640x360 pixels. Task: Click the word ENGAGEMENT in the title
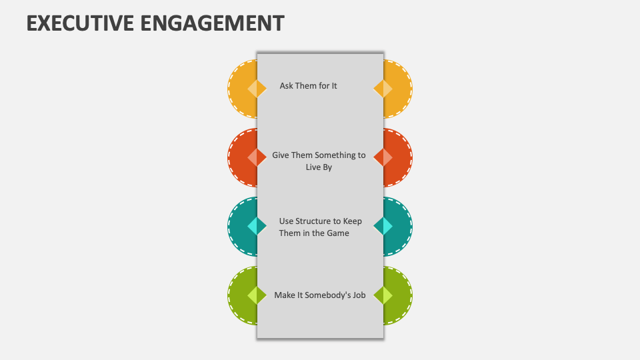pyautogui.click(x=213, y=23)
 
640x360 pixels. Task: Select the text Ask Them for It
pyautogui.click(x=308, y=86)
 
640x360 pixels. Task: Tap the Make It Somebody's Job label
pyautogui.click(x=320, y=295)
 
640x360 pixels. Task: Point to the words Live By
pyautogui.click(x=319, y=167)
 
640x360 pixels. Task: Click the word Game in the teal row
pyautogui.click(x=337, y=233)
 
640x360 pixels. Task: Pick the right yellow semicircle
pyautogui.click(x=400, y=89)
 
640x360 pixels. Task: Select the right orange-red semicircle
pyautogui.click(x=400, y=157)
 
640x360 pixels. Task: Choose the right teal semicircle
pyautogui.click(x=400, y=227)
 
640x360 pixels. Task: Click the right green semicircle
pyautogui.click(x=400, y=295)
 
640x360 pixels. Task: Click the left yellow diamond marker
pyautogui.click(x=257, y=89)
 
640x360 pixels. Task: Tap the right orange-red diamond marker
pyautogui.click(x=383, y=157)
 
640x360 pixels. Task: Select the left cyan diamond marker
pyautogui.click(x=257, y=227)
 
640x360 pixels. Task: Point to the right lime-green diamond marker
pyautogui.click(x=383, y=295)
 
